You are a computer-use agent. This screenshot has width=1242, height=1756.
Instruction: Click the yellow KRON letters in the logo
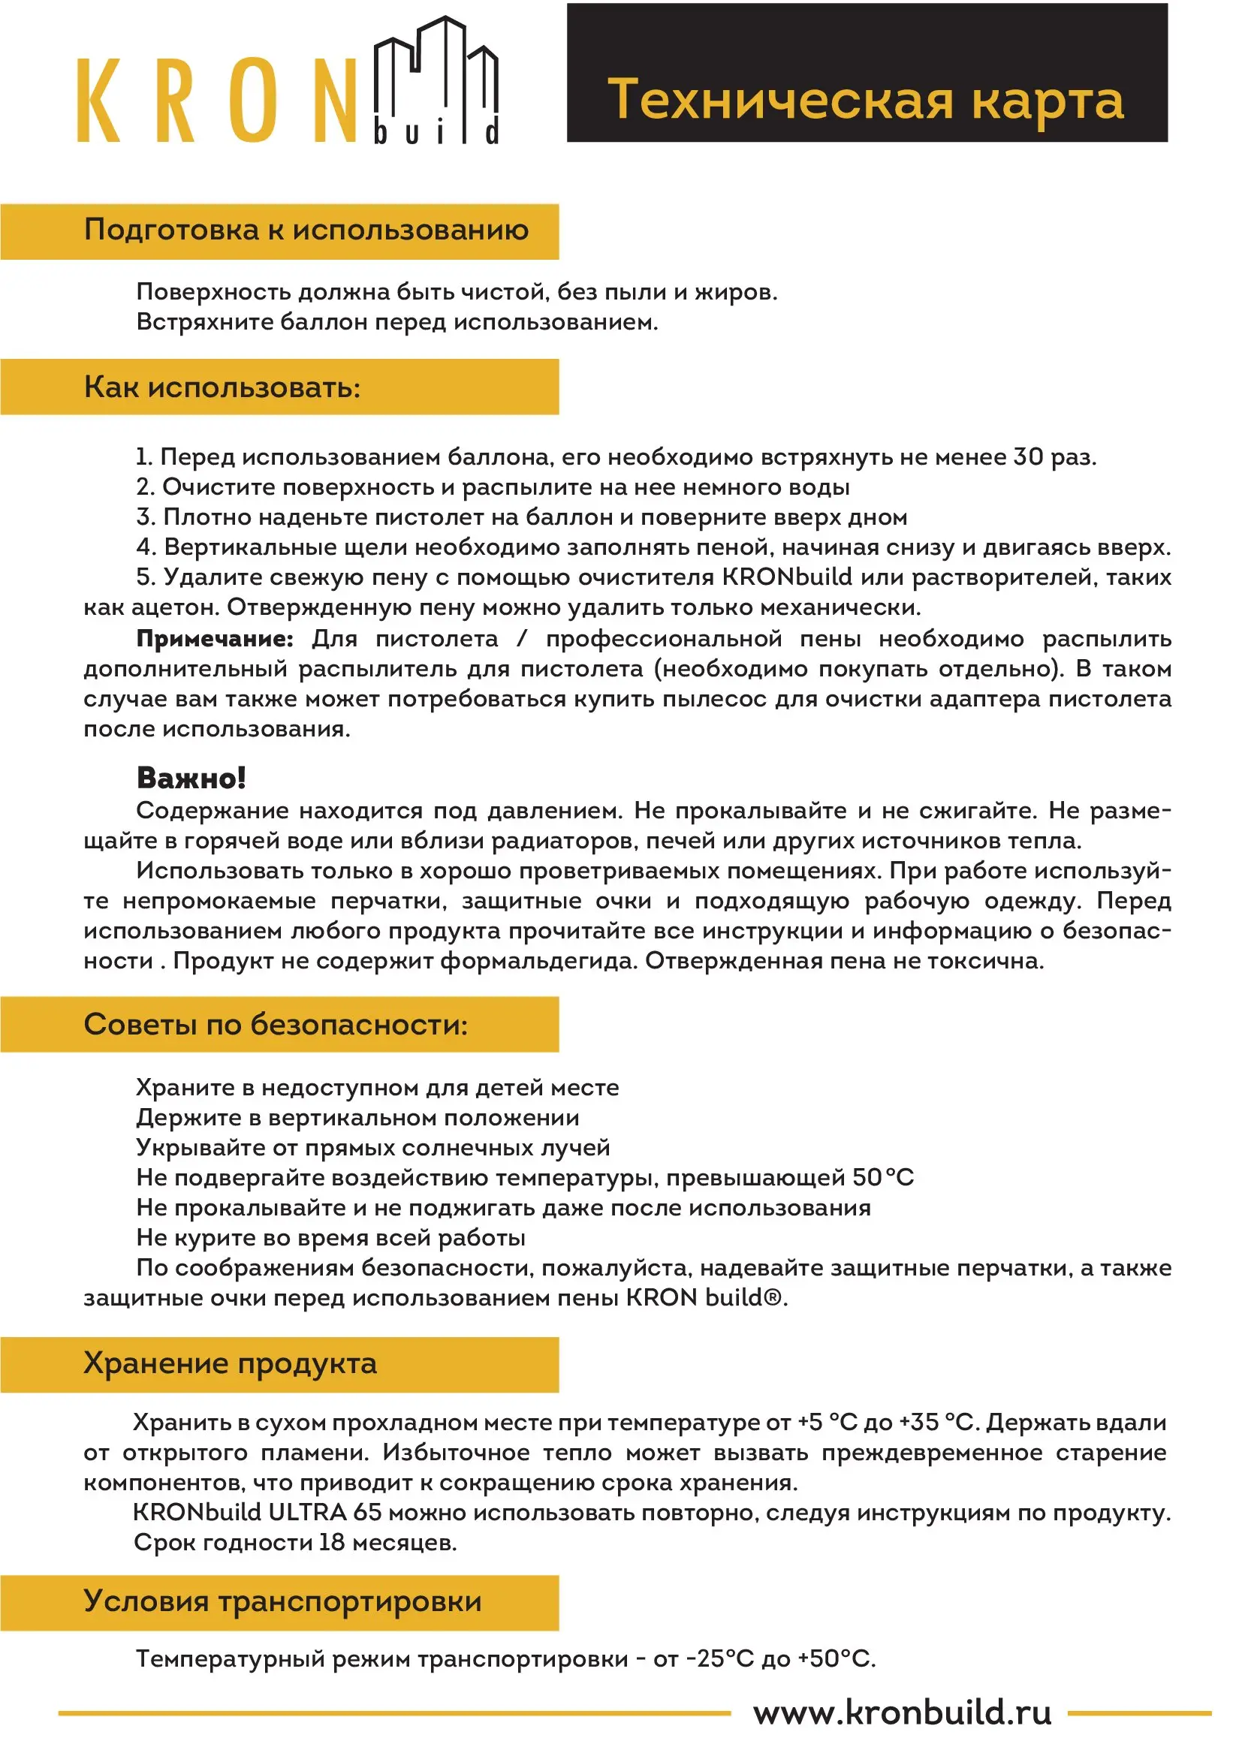tap(218, 100)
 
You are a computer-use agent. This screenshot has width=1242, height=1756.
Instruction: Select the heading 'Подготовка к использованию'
tap(306, 230)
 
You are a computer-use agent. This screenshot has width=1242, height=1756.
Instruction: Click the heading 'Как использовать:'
tap(222, 387)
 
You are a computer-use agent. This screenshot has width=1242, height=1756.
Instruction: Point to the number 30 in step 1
tap(1028, 456)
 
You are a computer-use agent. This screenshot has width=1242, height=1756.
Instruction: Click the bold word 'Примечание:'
tap(214, 639)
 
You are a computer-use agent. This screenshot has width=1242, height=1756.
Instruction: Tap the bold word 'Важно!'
tap(191, 778)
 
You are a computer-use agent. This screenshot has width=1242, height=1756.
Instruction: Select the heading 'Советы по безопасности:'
tap(276, 1024)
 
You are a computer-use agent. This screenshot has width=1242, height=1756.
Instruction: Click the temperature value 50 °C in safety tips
tap(882, 1177)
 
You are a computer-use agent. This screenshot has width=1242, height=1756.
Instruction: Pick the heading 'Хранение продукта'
tap(231, 1363)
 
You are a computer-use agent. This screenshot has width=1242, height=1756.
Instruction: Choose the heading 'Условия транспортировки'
tap(282, 1601)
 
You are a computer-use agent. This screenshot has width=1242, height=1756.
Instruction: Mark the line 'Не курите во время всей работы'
tap(330, 1237)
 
